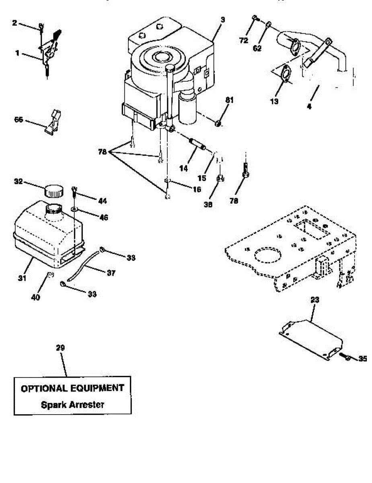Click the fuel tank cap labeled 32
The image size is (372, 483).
point(53,190)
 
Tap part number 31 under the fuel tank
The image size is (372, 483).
point(21,278)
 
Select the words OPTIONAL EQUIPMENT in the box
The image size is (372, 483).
point(72,388)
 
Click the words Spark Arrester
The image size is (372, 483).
point(72,405)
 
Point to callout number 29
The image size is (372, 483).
point(60,348)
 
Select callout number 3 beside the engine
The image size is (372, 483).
point(222,19)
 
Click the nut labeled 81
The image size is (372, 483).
point(218,123)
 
